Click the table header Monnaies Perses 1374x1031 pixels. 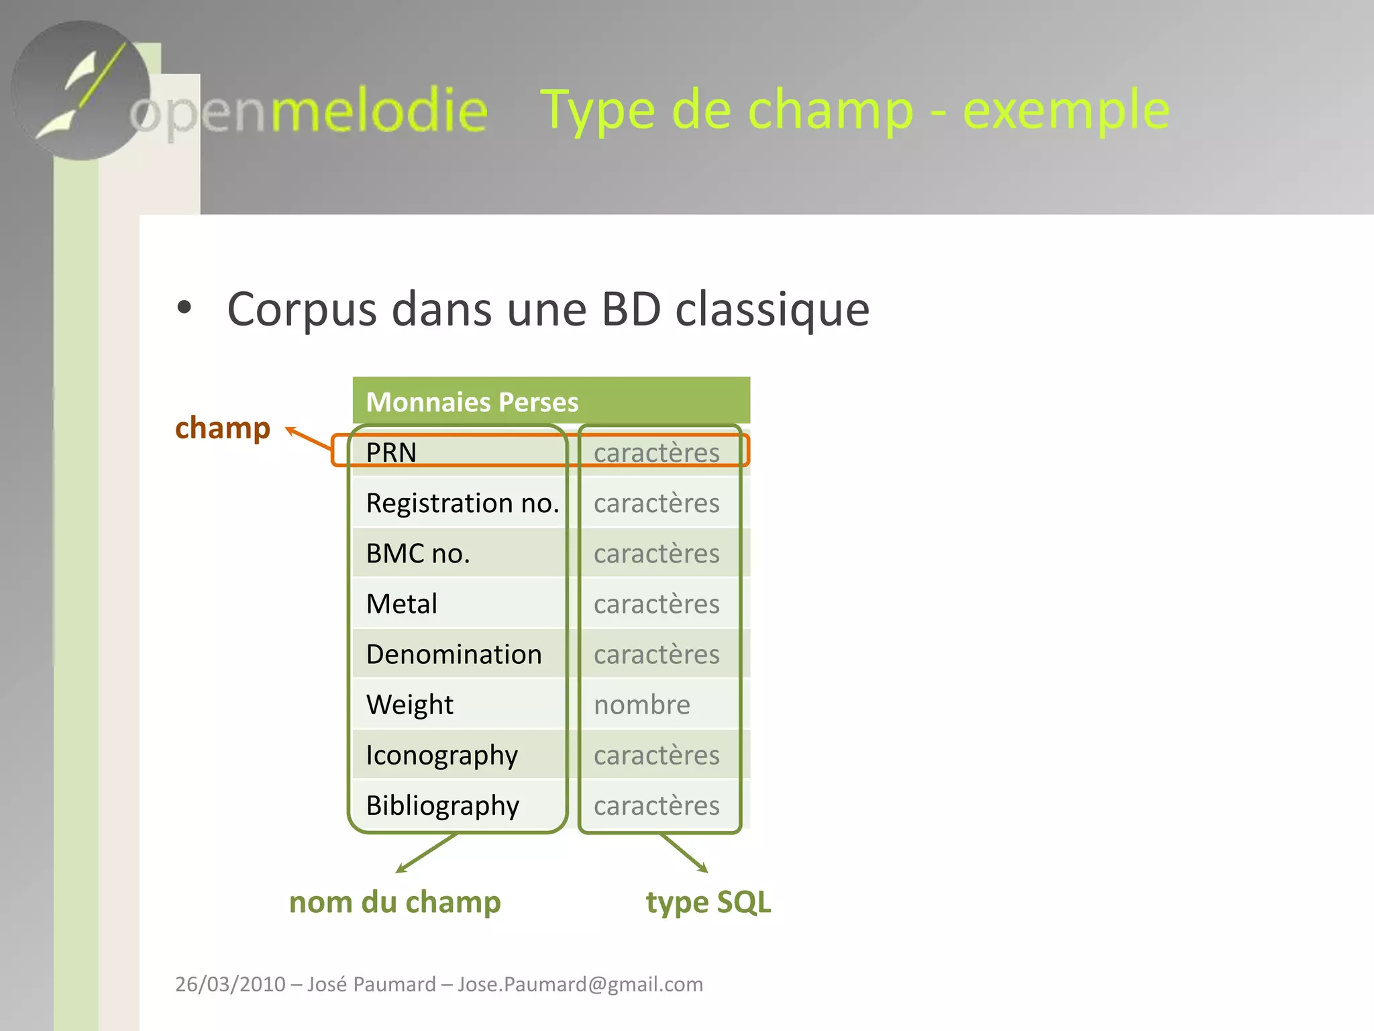click(472, 402)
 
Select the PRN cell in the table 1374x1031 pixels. click(391, 452)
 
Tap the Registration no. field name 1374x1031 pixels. click(462, 503)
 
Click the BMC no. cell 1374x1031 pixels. click(417, 554)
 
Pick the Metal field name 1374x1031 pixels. click(401, 604)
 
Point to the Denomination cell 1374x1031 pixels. click(454, 654)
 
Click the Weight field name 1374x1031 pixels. click(409, 705)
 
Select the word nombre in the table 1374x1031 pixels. click(641, 705)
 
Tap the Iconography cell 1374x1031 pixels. click(441, 755)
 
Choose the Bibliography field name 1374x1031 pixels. click(442, 805)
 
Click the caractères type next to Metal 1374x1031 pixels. click(656, 604)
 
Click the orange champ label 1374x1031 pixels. click(222, 428)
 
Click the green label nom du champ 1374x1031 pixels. click(394, 902)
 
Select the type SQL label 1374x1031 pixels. click(708, 902)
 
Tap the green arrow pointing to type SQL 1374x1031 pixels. click(684, 853)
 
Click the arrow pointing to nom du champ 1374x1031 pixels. click(427, 853)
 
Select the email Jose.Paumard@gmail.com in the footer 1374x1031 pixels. click(580, 984)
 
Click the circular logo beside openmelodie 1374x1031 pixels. click(81, 91)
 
